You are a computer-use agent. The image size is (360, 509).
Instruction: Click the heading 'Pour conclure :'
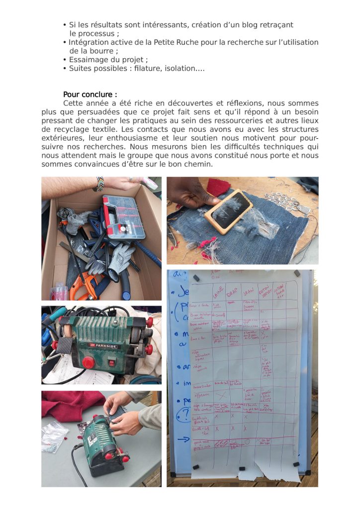[90, 94]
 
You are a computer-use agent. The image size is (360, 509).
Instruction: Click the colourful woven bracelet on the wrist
[100, 183]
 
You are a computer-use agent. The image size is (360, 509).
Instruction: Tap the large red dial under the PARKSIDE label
[89, 362]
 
